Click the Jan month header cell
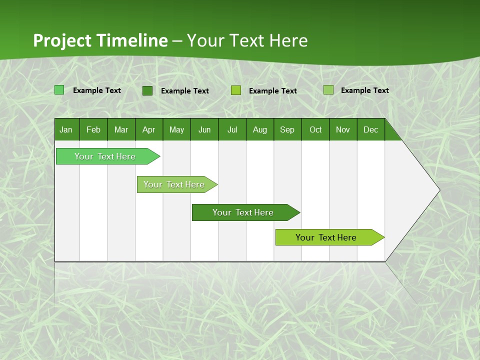[x=66, y=129]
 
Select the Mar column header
[x=121, y=129]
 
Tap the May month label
[x=176, y=129]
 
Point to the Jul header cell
[x=232, y=129]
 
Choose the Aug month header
[x=259, y=129]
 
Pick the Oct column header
[x=315, y=129]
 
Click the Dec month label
[x=370, y=129]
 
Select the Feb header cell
[x=93, y=129]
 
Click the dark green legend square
[x=147, y=90]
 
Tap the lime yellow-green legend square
[x=236, y=90]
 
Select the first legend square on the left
[x=59, y=90]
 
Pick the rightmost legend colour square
[x=328, y=90]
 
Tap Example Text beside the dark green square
[x=185, y=91]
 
